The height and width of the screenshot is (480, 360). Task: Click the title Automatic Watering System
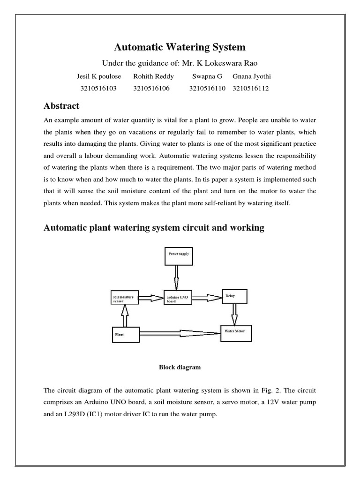coord(180,47)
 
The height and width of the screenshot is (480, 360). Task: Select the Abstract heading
coord(61,105)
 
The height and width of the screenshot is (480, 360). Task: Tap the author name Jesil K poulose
coord(98,76)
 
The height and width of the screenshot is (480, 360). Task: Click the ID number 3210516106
coord(151,88)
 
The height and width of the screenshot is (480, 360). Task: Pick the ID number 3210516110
coord(207,88)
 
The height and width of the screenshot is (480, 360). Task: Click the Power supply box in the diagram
coord(177,256)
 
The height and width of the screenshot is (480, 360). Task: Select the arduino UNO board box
coord(177,297)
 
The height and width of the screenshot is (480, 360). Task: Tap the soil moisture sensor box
coord(124,297)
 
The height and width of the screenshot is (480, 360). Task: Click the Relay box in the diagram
coord(234,296)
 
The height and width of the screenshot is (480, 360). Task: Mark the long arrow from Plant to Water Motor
coord(180,333)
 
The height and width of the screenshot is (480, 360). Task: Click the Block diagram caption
coord(180,367)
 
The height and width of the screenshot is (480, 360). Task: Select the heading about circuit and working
coord(154,228)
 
